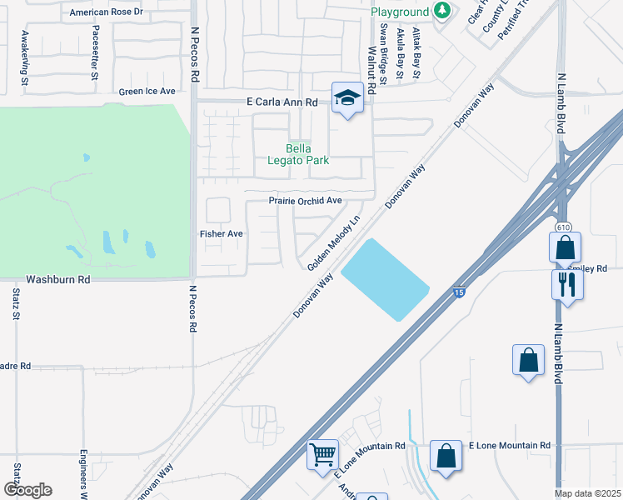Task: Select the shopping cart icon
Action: click(x=322, y=455)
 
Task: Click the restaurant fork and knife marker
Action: click(x=567, y=283)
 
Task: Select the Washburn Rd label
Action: click(x=57, y=280)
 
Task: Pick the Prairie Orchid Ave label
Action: click(x=305, y=201)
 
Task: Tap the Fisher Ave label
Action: click(x=221, y=234)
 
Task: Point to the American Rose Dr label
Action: click(x=106, y=12)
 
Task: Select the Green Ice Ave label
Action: click(x=147, y=92)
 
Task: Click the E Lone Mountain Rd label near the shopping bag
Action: click(x=510, y=447)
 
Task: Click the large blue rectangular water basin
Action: click(x=385, y=279)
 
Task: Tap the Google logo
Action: click(x=27, y=490)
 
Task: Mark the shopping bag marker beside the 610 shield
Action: click(x=565, y=247)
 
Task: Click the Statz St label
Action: click(x=17, y=304)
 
